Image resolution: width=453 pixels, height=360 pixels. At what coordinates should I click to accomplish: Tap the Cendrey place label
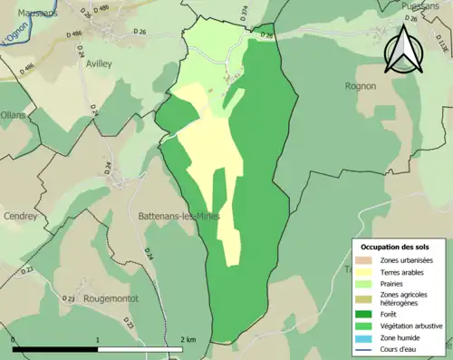pyautogui.click(x=20, y=217)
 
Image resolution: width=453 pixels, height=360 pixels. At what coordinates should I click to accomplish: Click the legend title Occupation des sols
pyautogui.click(x=395, y=247)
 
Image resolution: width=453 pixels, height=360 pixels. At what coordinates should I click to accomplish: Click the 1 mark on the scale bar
pyautogui.click(x=98, y=339)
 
